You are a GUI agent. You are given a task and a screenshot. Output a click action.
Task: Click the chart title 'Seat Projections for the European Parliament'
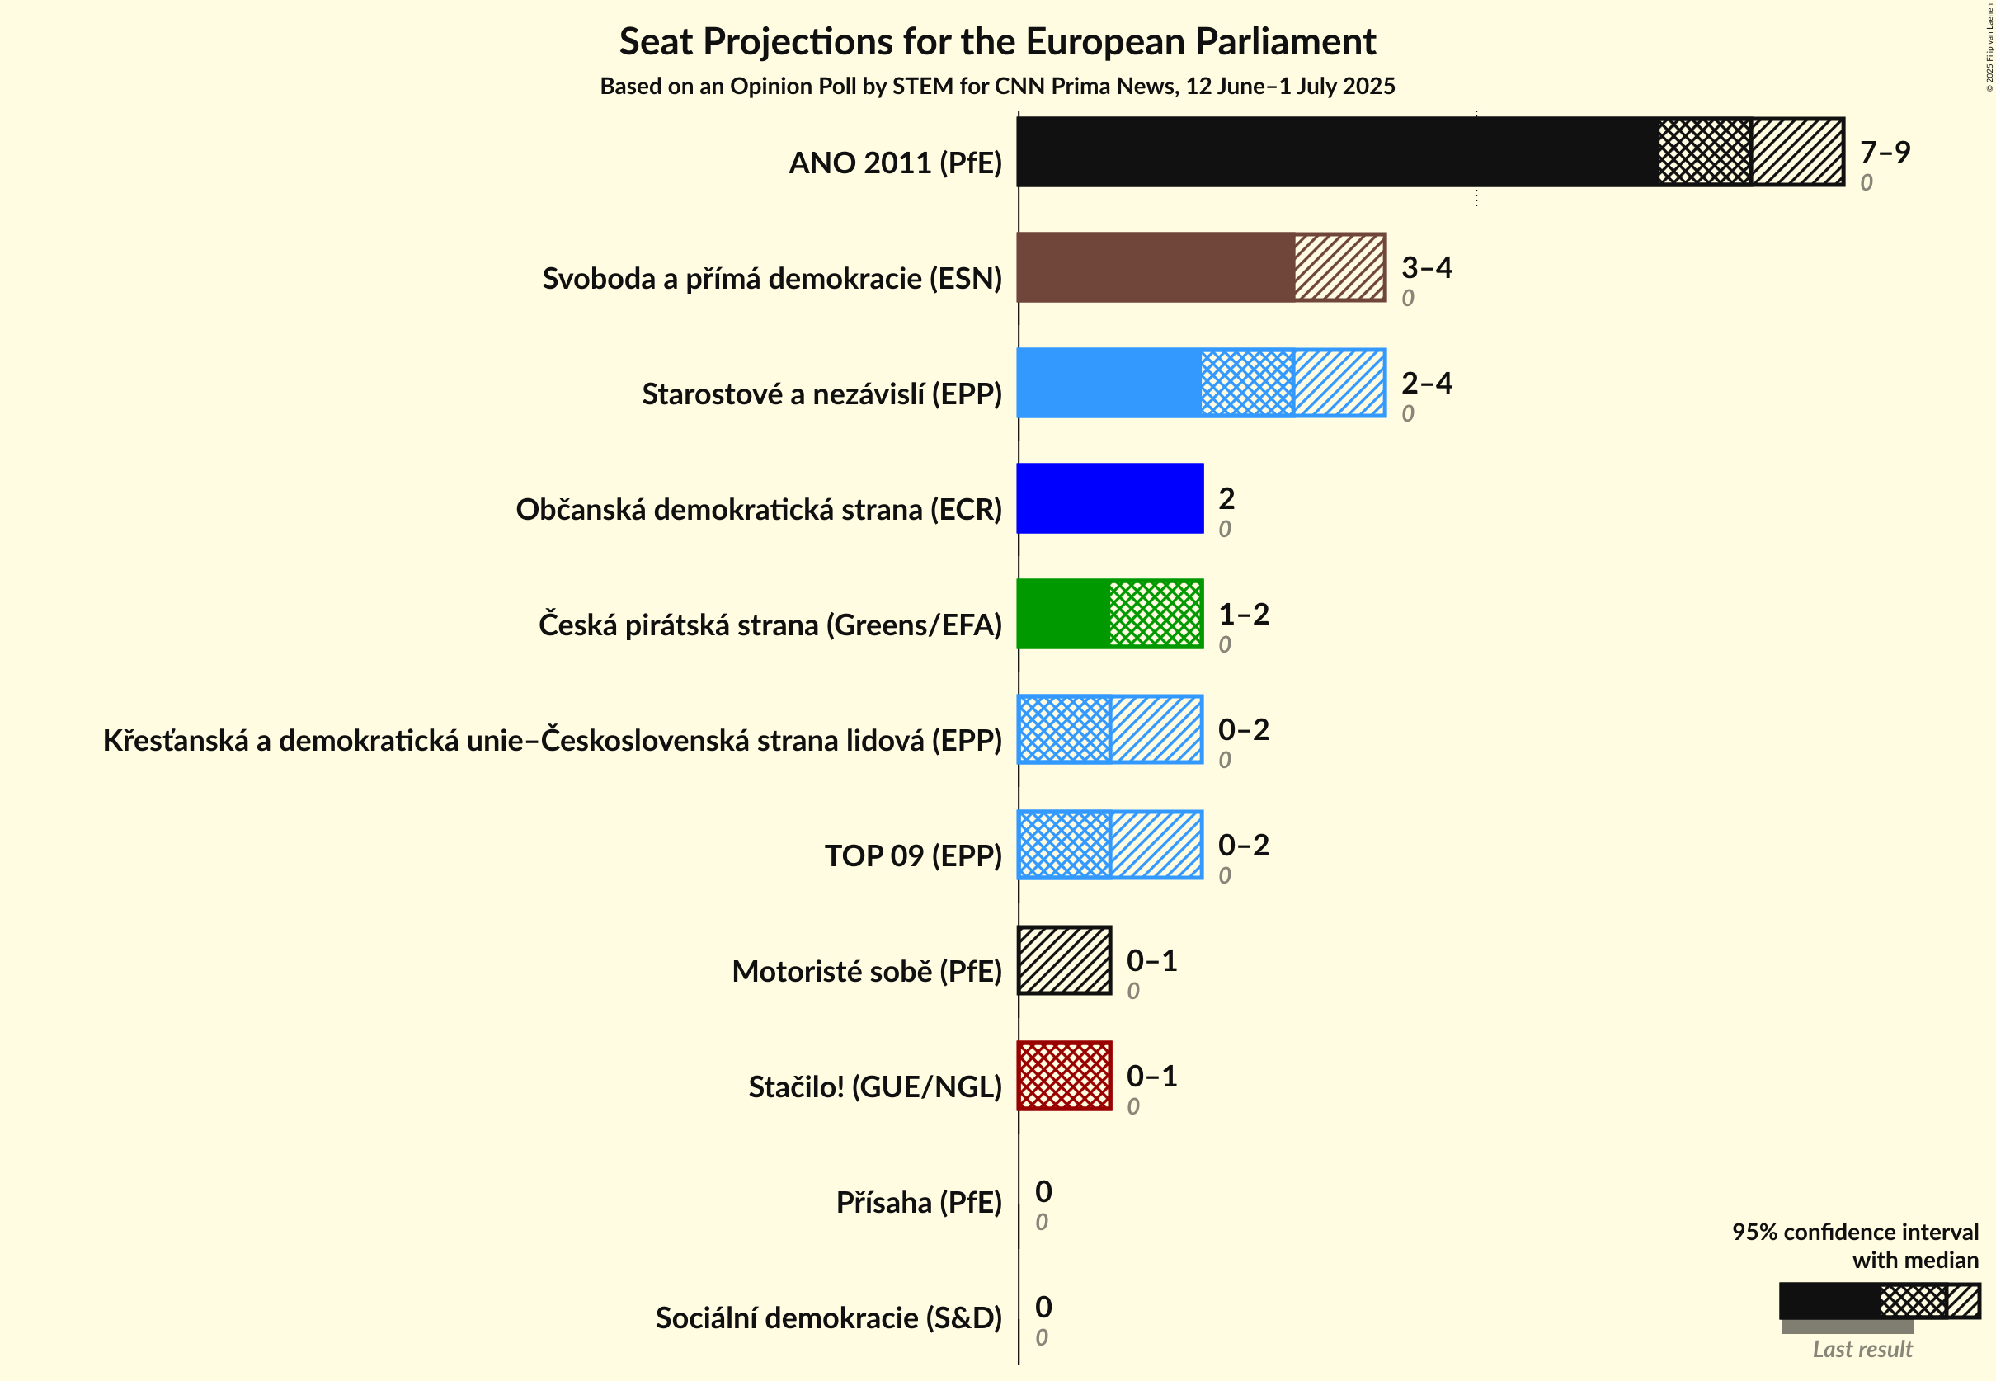coord(996,41)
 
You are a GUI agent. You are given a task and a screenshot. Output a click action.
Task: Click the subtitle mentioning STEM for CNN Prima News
coord(996,87)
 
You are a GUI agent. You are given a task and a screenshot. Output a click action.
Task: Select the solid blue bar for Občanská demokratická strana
coord(1109,498)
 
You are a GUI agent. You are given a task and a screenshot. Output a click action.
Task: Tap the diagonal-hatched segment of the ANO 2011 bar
coord(1797,153)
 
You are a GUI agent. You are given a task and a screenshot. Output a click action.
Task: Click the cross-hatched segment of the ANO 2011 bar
coord(1704,153)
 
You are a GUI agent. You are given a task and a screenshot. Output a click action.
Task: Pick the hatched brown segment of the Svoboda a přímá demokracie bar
coord(1339,267)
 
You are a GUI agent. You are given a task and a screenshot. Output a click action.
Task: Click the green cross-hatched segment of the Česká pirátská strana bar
coord(1155,615)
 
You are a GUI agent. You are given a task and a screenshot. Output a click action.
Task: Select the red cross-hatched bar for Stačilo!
coord(1064,1076)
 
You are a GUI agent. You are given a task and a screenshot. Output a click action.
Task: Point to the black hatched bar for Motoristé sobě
coord(1064,960)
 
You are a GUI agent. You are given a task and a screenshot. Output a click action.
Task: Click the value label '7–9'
coord(1885,153)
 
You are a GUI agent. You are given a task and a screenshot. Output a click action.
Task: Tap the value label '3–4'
coord(1426,267)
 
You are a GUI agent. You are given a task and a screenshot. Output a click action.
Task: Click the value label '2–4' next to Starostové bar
coord(1426,383)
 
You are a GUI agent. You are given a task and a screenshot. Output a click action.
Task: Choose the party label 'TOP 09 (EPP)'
coord(913,855)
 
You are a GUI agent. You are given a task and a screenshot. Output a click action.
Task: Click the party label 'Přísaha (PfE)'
coord(918,1203)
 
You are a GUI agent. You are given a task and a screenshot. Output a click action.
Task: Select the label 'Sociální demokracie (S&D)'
coord(828,1317)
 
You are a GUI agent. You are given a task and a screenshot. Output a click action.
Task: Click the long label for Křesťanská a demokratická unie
coord(552,741)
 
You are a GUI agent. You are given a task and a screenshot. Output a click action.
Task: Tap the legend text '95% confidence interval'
coord(1854,1232)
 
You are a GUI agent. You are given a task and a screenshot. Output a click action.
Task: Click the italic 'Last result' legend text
coord(1862,1349)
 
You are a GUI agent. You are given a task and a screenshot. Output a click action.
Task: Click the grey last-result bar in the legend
coord(1847,1327)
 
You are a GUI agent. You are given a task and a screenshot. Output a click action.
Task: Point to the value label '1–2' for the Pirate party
coord(1243,615)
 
